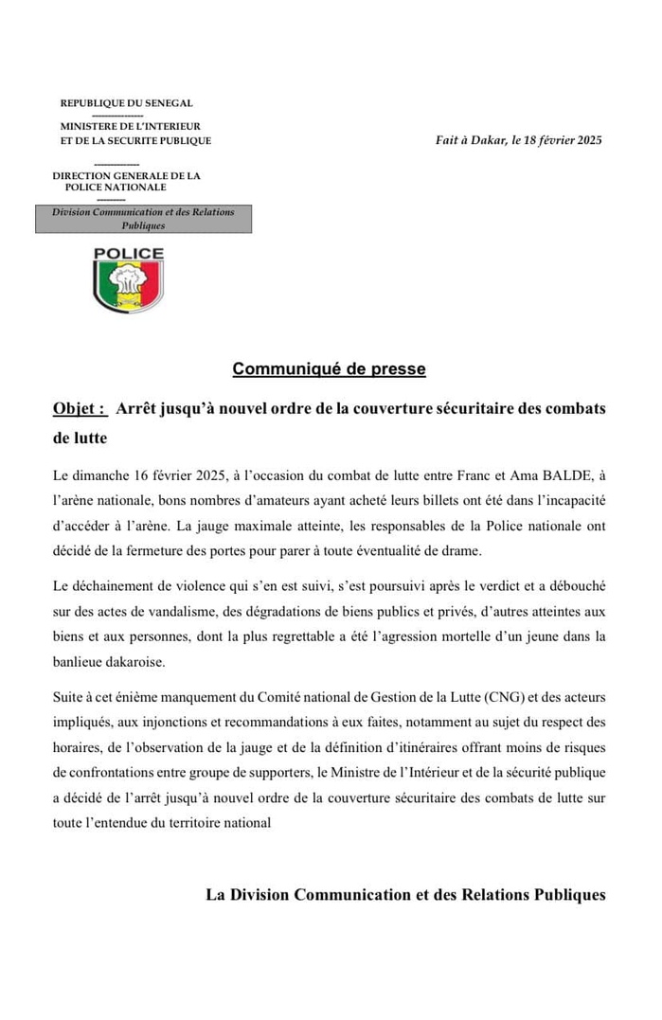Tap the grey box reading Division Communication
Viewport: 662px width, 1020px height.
[143, 219]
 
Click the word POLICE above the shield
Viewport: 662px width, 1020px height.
[129, 254]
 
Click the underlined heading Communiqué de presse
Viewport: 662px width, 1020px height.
[329, 369]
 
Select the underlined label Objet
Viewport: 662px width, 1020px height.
[79, 408]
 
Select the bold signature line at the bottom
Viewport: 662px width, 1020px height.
[405, 895]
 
